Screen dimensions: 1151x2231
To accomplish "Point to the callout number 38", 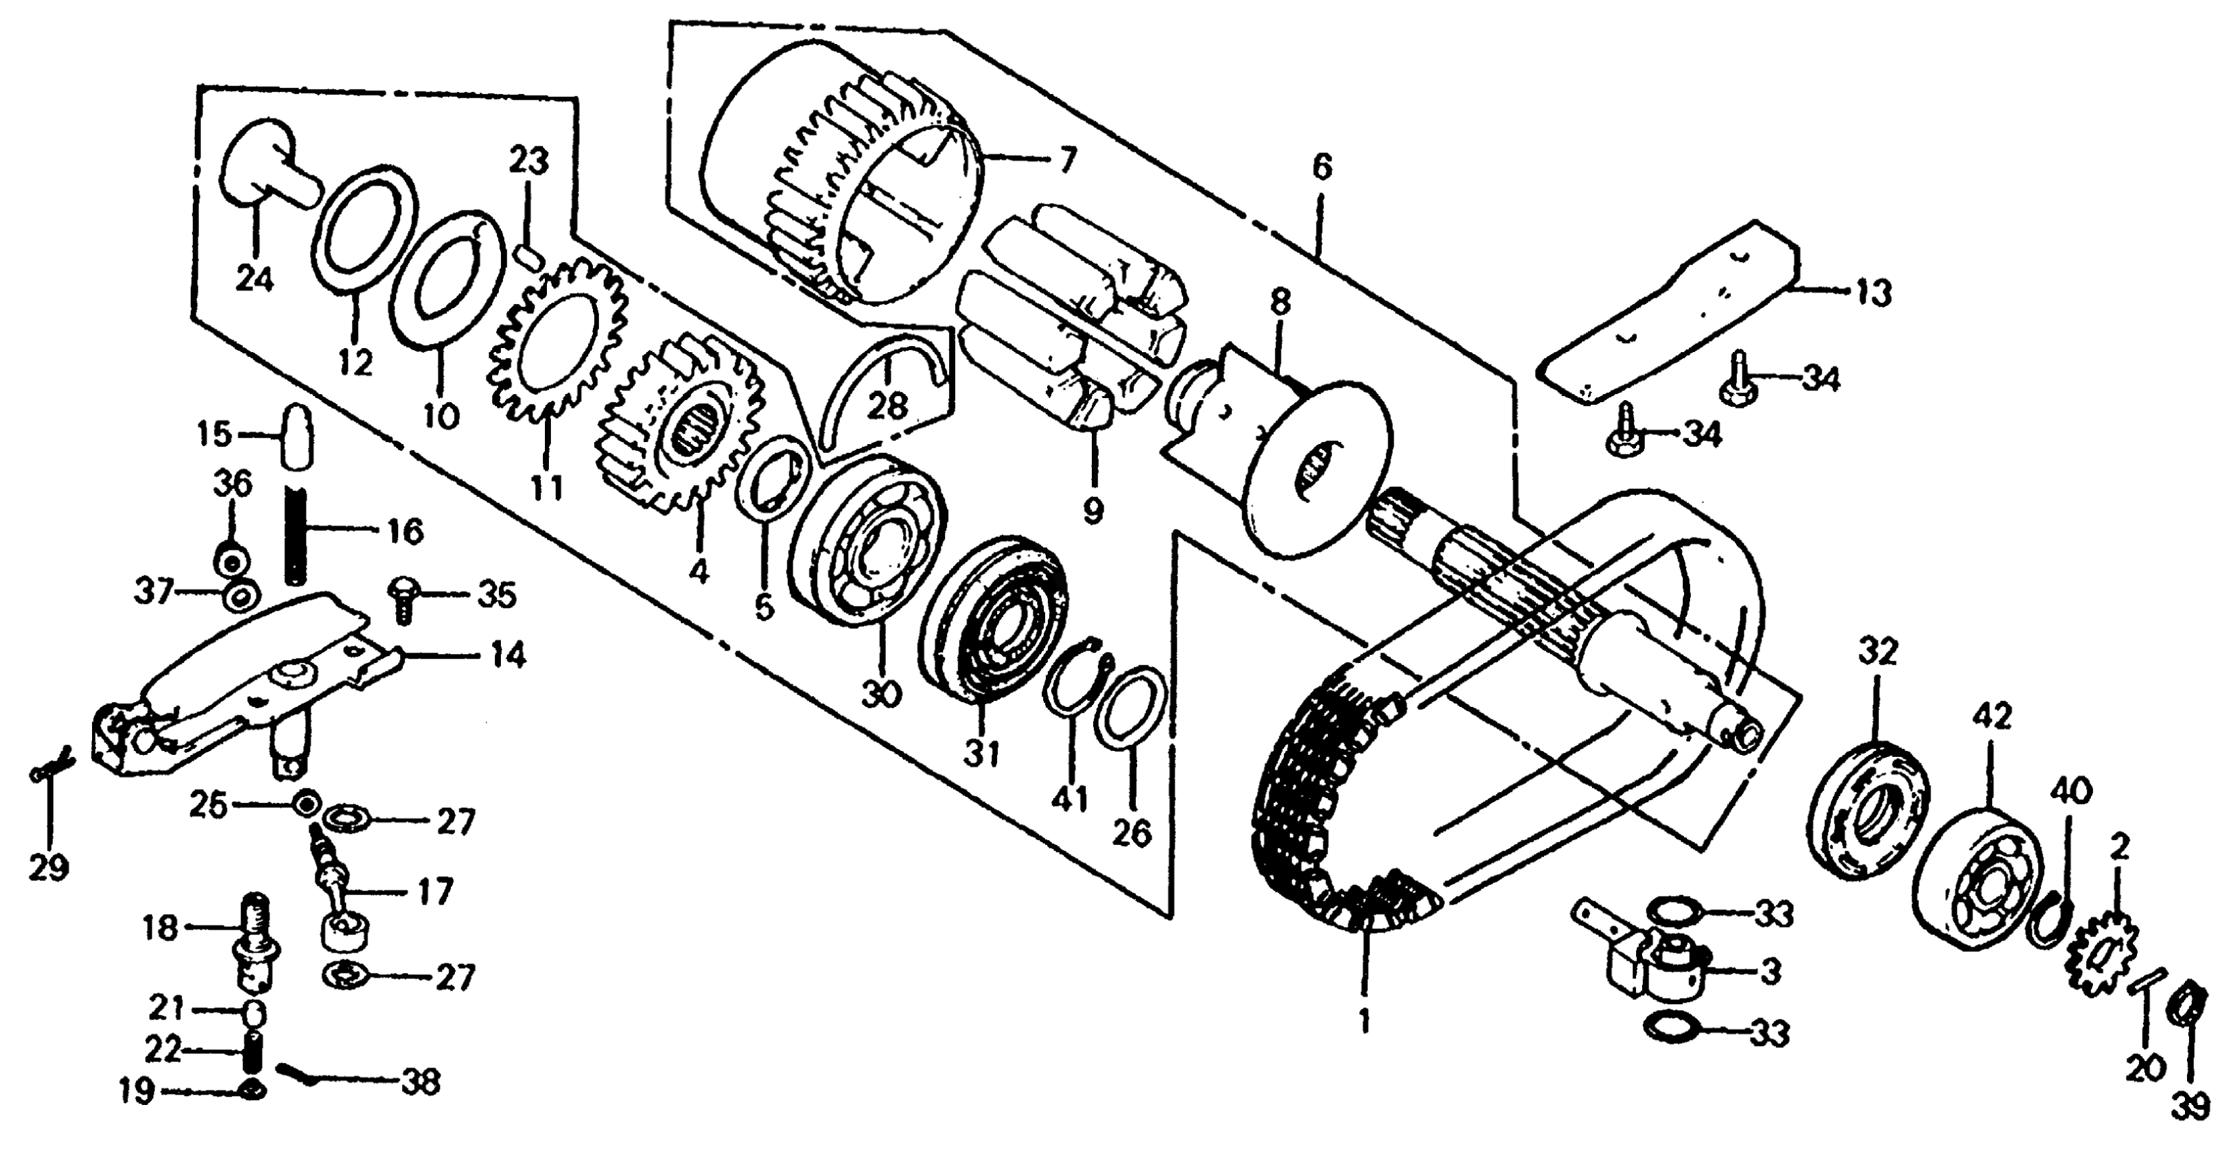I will [x=419, y=1082].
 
